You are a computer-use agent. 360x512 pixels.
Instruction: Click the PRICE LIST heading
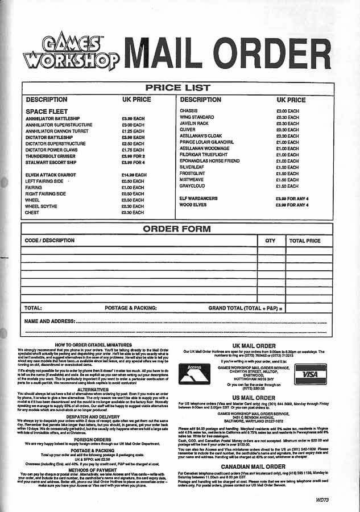tap(177, 88)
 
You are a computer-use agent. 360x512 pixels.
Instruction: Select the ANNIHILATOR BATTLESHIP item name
tap(53, 118)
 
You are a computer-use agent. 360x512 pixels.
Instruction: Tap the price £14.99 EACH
tap(134, 175)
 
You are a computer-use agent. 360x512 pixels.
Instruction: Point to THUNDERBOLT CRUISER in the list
tap(50, 156)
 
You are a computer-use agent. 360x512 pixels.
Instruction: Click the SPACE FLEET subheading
tap(47, 112)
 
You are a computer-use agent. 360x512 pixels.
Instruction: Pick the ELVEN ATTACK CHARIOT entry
tap(50, 175)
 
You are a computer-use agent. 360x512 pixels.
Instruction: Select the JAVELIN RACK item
tap(194, 123)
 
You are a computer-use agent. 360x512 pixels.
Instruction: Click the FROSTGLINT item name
tap(192, 174)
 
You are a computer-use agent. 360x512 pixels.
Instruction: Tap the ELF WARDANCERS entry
tap(198, 199)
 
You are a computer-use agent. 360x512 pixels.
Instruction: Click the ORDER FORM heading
tap(176, 229)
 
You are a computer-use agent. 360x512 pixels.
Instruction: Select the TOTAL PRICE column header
tap(305, 241)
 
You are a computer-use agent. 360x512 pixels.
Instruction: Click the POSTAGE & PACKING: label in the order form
tap(131, 308)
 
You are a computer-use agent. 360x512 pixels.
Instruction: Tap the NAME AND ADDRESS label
tap(50, 321)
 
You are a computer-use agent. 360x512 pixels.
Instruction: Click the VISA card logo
tap(310, 374)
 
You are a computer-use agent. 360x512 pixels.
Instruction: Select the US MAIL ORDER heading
tap(254, 398)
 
